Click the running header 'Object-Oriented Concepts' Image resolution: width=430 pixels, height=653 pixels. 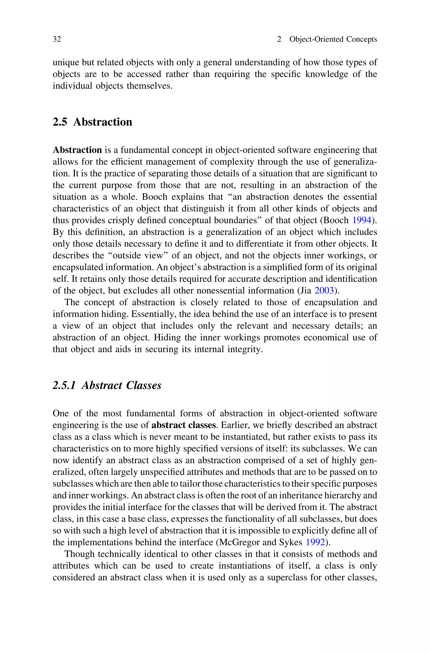(333, 39)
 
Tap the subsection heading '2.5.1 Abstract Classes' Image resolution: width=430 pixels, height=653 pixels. (107, 385)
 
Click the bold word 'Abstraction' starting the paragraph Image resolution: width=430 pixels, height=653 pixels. (77, 150)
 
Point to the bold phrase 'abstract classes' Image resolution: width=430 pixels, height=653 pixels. (184, 425)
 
